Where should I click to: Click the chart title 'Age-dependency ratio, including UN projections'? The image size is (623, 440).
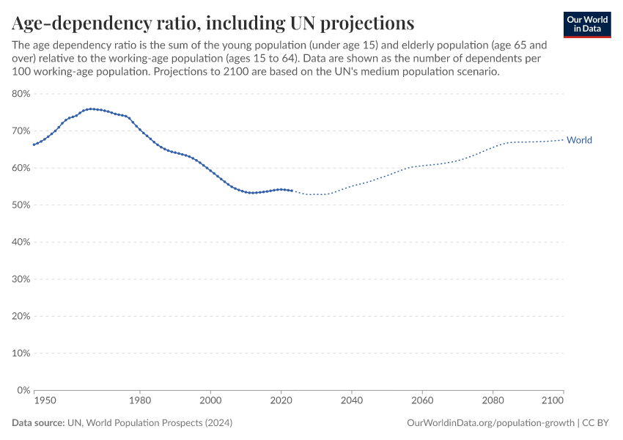tap(213, 23)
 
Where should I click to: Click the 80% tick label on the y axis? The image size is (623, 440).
tap(20, 94)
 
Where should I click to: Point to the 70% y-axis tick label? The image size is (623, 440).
tap(20, 131)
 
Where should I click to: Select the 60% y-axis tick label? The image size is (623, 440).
tap(20, 168)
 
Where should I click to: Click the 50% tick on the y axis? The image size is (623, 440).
tap(20, 205)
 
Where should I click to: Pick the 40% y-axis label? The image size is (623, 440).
tap(20, 242)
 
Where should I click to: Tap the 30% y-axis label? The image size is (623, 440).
tap(20, 279)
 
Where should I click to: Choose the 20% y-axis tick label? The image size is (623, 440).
tap(20, 316)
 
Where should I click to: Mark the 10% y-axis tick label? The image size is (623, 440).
tap(20, 353)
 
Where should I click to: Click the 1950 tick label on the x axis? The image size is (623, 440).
tap(45, 401)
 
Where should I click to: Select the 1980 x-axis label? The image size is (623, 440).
tap(140, 401)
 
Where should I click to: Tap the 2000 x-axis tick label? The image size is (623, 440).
tap(210, 401)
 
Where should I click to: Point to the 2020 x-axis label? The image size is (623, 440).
tap(281, 401)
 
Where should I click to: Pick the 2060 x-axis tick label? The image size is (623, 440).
tap(422, 401)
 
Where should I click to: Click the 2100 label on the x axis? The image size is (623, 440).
tap(553, 401)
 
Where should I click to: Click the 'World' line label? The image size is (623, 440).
tap(579, 140)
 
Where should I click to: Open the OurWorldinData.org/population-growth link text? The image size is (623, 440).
tap(490, 423)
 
